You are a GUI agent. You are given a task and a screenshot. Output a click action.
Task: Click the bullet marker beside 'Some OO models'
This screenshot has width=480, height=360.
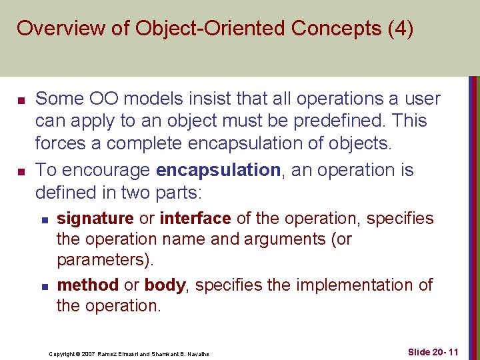(21, 100)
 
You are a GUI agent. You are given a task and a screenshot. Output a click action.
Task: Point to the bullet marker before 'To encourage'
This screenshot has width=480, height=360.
(21, 171)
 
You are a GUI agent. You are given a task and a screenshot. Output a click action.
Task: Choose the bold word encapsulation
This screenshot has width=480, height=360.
(218, 171)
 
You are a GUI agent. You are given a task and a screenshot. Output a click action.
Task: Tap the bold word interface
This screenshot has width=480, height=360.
(195, 219)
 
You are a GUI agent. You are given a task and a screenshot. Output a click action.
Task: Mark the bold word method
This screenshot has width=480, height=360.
(88, 285)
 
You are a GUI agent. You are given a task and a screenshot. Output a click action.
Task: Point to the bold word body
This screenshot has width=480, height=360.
(165, 285)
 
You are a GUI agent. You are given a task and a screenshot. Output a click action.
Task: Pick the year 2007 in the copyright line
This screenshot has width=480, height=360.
(87, 353)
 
